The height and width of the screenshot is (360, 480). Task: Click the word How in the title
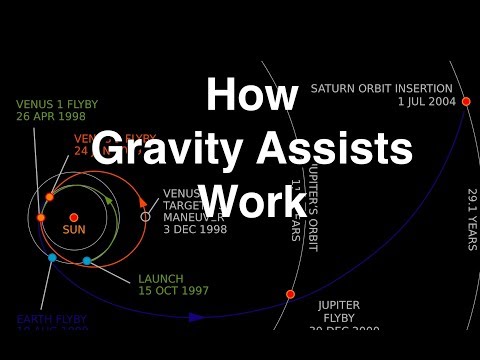(252, 96)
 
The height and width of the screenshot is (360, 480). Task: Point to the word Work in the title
(252, 201)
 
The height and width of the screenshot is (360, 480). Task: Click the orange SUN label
(74, 230)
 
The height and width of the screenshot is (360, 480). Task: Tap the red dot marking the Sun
(74, 217)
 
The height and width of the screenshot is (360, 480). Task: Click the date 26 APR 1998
(53, 117)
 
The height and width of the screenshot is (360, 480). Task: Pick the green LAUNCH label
(161, 278)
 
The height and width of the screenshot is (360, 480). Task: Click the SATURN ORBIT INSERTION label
(382, 88)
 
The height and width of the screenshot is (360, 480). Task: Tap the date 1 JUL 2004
(426, 101)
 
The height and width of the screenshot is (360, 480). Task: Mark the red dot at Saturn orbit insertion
(466, 101)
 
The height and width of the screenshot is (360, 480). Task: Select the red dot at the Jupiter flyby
(291, 294)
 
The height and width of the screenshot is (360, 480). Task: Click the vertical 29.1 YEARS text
(471, 218)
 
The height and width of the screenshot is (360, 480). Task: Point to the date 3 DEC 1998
(195, 229)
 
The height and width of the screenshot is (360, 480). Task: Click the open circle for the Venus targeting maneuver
(145, 216)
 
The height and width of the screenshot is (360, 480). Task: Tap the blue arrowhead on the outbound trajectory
(196, 317)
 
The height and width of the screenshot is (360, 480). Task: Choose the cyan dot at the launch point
(87, 261)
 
